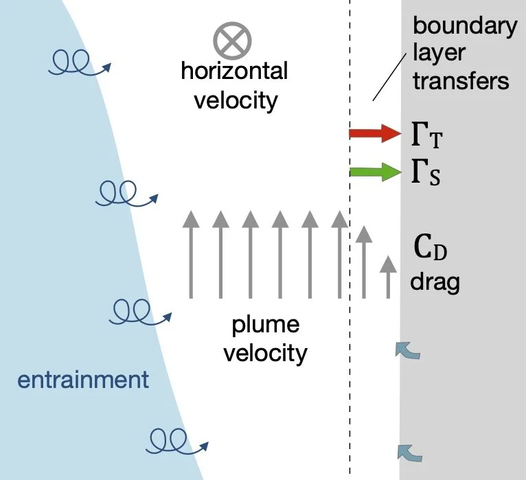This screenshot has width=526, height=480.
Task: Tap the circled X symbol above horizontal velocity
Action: pyautogui.click(x=231, y=41)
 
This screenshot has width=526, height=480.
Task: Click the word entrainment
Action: pyautogui.click(x=83, y=379)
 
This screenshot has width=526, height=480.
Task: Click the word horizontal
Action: pyautogui.click(x=234, y=71)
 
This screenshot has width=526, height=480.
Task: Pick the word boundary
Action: pyautogui.click(x=464, y=27)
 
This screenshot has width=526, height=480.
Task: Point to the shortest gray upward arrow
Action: pyautogui.click(x=389, y=277)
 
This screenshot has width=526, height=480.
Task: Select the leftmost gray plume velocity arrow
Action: pyautogui.click(x=191, y=255)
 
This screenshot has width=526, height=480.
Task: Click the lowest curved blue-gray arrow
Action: pyautogui.click(x=411, y=453)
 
